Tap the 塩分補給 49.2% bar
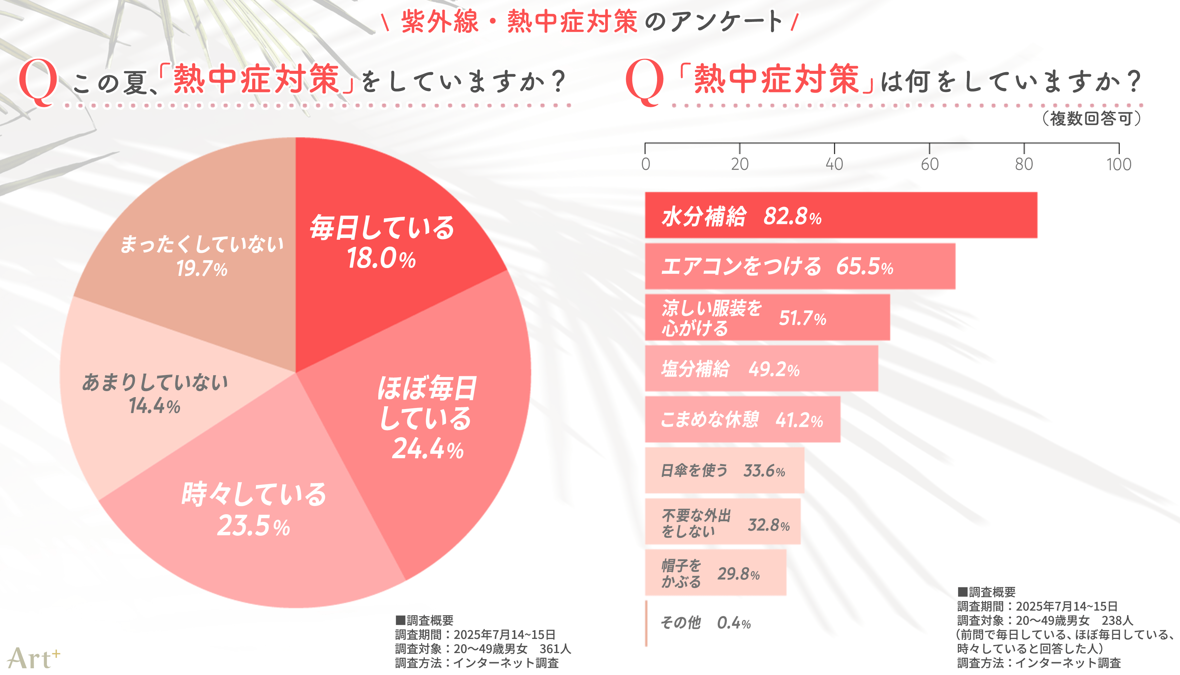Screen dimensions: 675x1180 click(761, 369)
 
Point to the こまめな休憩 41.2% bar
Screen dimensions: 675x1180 click(742, 419)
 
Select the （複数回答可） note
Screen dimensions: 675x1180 click(1091, 119)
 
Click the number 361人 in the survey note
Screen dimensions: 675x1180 click(555, 649)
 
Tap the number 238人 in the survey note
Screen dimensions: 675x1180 click(1117, 620)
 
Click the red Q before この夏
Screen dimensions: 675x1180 click(38, 83)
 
